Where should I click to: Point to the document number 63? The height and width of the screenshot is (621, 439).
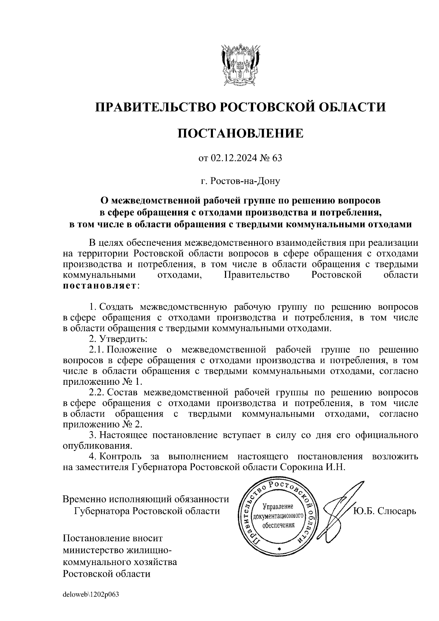(x=278, y=158)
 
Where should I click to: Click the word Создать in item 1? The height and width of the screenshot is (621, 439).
(x=117, y=306)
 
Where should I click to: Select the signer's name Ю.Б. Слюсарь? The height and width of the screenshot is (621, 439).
(x=384, y=511)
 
